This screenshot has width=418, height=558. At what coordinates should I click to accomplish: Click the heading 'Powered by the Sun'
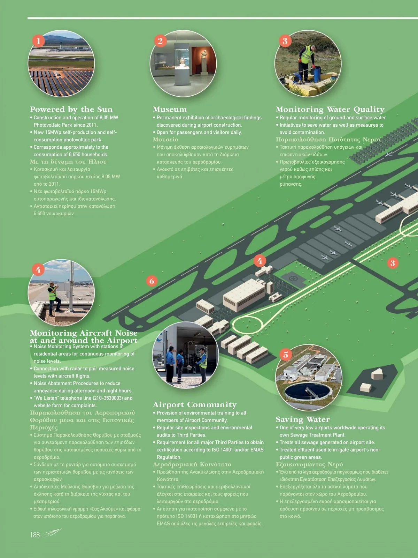click(x=71, y=110)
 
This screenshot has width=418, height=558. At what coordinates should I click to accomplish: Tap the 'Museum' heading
click(x=170, y=110)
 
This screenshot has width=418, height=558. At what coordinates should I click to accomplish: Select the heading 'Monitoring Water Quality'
click(x=330, y=110)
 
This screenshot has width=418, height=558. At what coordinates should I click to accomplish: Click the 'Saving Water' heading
click(x=302, y=419)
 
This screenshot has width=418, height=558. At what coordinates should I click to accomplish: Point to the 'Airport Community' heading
click(x=194, y=405)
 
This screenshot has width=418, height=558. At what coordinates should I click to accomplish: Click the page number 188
click(x=35, y=535)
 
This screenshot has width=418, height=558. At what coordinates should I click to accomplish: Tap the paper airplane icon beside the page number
click(x=52, y=533)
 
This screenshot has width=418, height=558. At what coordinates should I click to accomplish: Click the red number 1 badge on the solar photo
click(x=38, y=41)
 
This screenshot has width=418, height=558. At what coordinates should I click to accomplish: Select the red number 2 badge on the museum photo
click(x=160, y=41)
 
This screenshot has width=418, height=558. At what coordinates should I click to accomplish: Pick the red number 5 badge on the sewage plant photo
click(x=286, y=355)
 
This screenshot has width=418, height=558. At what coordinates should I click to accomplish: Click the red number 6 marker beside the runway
click(x=152, y=281)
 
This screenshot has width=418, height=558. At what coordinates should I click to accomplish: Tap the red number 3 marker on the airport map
click(x=393, y=263)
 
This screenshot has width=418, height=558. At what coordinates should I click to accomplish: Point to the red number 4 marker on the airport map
click(x=260, y=260)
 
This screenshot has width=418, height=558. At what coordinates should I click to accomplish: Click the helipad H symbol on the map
click(x=293, y=279)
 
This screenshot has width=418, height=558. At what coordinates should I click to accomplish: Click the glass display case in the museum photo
click(x=182, y=63)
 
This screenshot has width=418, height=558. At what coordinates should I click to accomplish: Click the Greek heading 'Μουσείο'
click(x=165, y=140)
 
